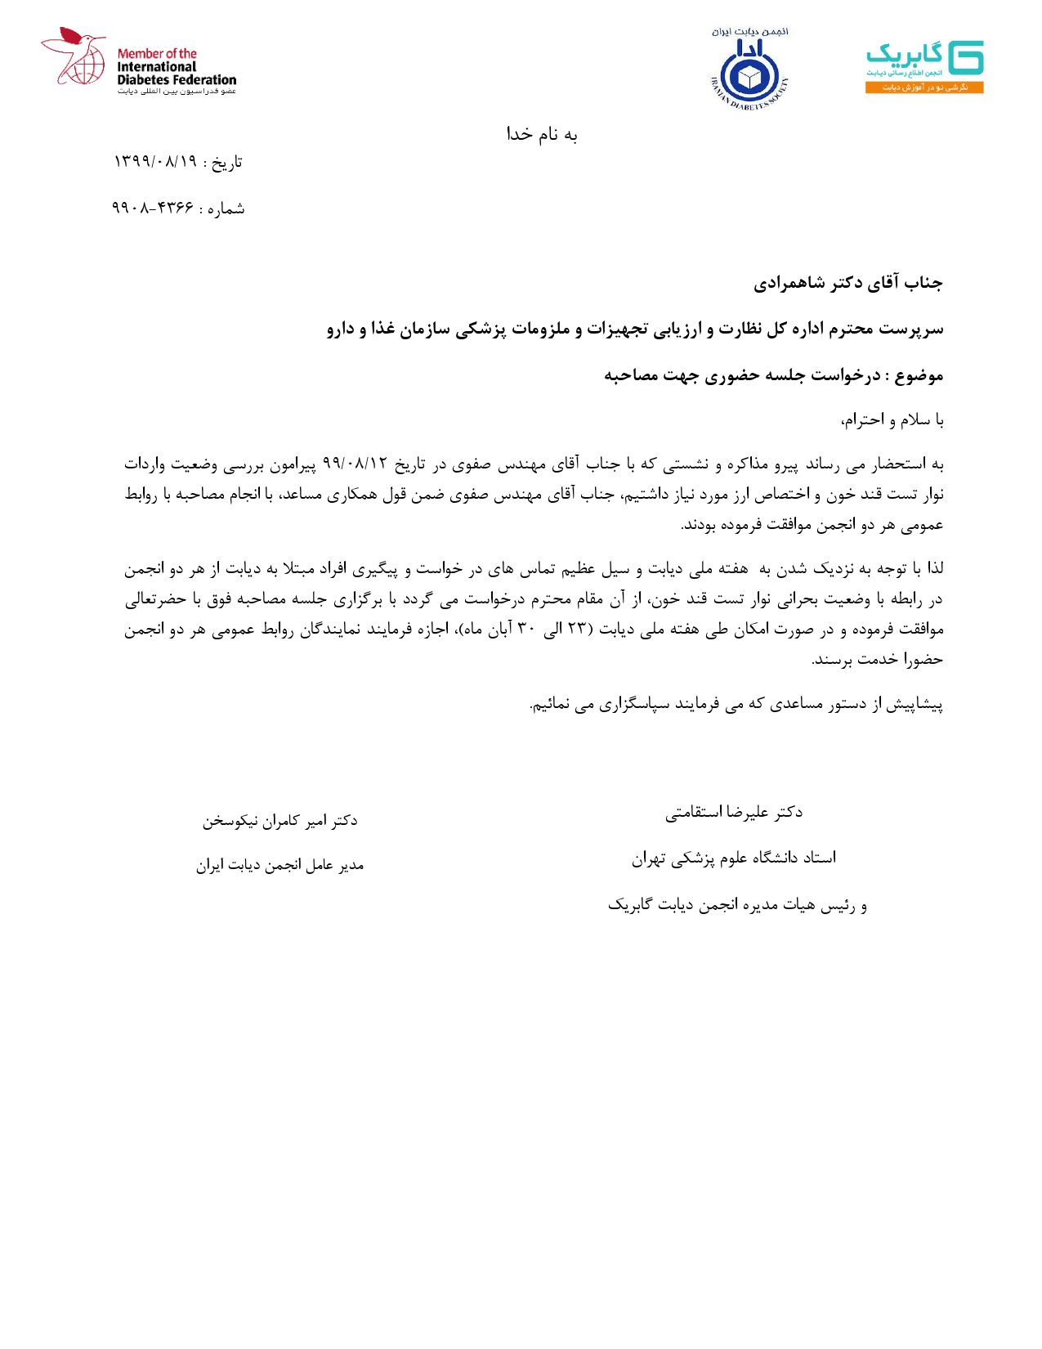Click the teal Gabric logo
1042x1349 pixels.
coord(924,58)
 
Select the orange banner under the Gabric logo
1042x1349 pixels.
coord(924,87)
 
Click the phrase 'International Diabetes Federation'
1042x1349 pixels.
coord(176,73)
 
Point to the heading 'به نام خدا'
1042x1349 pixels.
coord(542,135)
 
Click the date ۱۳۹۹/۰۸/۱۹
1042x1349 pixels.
coord(155,162)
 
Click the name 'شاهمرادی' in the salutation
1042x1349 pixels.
coord(791,283)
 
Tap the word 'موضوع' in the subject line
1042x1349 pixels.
coord(919,375)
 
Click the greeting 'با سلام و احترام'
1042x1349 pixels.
coord(893,420)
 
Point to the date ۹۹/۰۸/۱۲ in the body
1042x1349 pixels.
coord(355,464)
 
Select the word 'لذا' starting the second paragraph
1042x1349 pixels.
coord(932,569)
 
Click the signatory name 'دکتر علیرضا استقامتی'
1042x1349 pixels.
coord(733,813)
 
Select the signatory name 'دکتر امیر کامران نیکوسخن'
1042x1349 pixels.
coord(280,820)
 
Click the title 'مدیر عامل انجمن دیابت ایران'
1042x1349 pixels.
coord(280,865)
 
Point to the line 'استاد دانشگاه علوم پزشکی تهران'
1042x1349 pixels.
coord(733,858)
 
